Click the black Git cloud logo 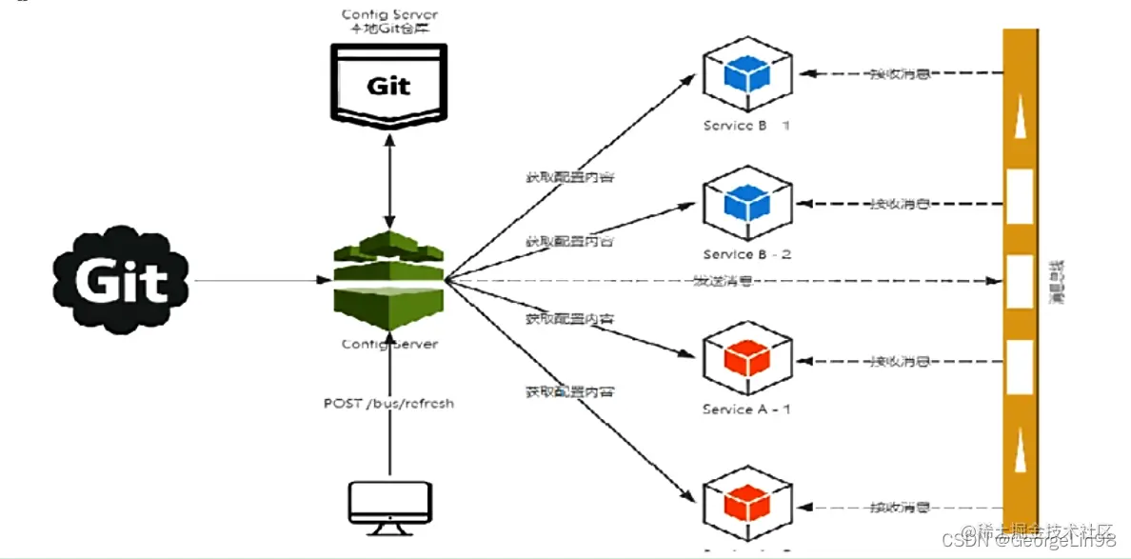(122, 279)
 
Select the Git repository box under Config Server (388, 85)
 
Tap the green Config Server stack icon (388, 279)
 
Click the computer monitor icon (388, 508)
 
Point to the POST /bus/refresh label (388, 403)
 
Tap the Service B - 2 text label (746, 254)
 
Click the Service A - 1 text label (746, 409)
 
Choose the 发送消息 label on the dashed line (722, 281)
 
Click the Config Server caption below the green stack (388, 344)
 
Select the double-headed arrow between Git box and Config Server (388, 181)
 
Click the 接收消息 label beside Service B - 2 (899, 204)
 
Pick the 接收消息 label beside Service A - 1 (899, 362)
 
